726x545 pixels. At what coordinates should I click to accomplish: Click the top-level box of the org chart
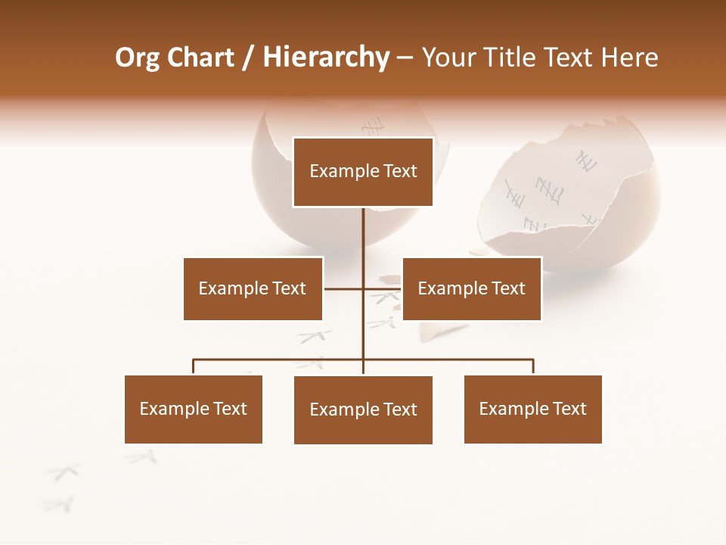point(363,172)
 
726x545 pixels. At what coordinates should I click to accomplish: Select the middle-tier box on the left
point(253,288)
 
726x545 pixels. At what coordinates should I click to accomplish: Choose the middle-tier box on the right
point(472,288)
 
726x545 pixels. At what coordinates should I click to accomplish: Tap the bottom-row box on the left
point(194,409)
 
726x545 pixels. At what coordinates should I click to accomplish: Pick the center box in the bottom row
point(363,410)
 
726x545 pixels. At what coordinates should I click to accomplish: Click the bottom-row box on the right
point(533,409)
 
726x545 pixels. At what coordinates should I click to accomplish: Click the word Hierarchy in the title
point(325,58)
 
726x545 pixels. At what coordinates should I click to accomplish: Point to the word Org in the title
point(136,58)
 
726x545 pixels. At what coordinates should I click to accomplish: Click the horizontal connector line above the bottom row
point(280,360)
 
